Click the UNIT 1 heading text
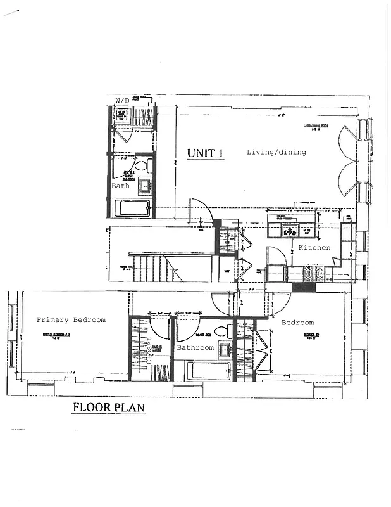point(205,153)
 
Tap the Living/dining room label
point(276,152)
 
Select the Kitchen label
point(314,247)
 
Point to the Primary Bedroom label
point(71,320)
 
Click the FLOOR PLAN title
point(109,407)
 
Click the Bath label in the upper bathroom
point(120,186)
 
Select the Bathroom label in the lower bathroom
point(195,348)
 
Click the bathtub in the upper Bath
point(133,208)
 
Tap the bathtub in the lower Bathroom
point(208,370)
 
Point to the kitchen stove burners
point(315,273)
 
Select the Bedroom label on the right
point(297,323)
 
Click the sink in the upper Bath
point(144,186)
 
